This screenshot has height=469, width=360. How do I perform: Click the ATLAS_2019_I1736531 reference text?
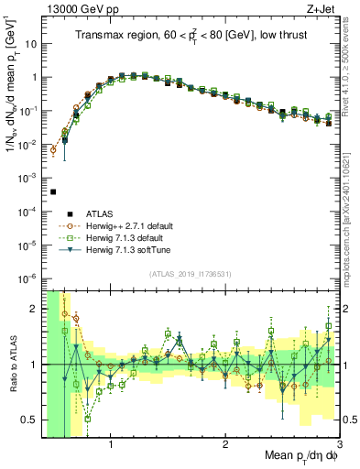click(x=191, y=273)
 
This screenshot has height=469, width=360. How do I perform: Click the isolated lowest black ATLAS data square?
click(x=53, y=191)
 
